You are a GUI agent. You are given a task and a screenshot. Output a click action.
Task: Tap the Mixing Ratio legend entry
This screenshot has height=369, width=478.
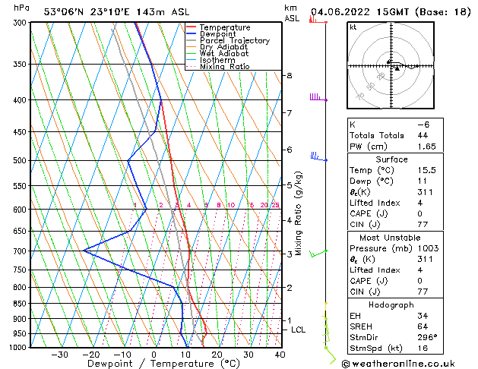click(x=224, y=67)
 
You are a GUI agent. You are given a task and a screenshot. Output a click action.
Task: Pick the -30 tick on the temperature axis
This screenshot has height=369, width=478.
click(x=59, y=355)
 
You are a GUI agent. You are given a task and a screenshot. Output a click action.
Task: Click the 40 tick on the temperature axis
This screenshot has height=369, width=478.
click(x=280, y=355)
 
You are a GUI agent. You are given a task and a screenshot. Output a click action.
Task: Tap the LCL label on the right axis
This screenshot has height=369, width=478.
click(x=298, y=330)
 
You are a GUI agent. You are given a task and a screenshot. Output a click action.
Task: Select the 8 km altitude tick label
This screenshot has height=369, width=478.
click(x=290, y=76)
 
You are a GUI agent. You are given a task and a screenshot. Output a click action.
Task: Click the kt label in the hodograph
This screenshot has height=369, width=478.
click(x=353, y=27)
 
